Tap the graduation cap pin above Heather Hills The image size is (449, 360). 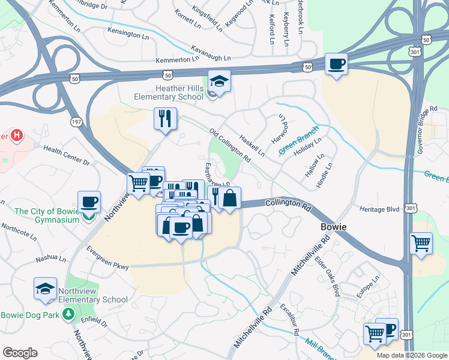tap(219, 82)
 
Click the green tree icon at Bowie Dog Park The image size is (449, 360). tap(69, 314)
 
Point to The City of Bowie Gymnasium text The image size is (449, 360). tap(47, 215)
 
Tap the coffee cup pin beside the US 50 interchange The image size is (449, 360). tap(336, 64)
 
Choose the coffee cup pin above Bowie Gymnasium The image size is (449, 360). tap(89, 202)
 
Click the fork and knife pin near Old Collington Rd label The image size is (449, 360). tap(164, 118)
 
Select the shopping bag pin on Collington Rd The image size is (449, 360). tap(229, 198)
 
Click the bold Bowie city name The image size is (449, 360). tap(330, 229)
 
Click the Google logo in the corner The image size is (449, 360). tap(20, 353)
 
